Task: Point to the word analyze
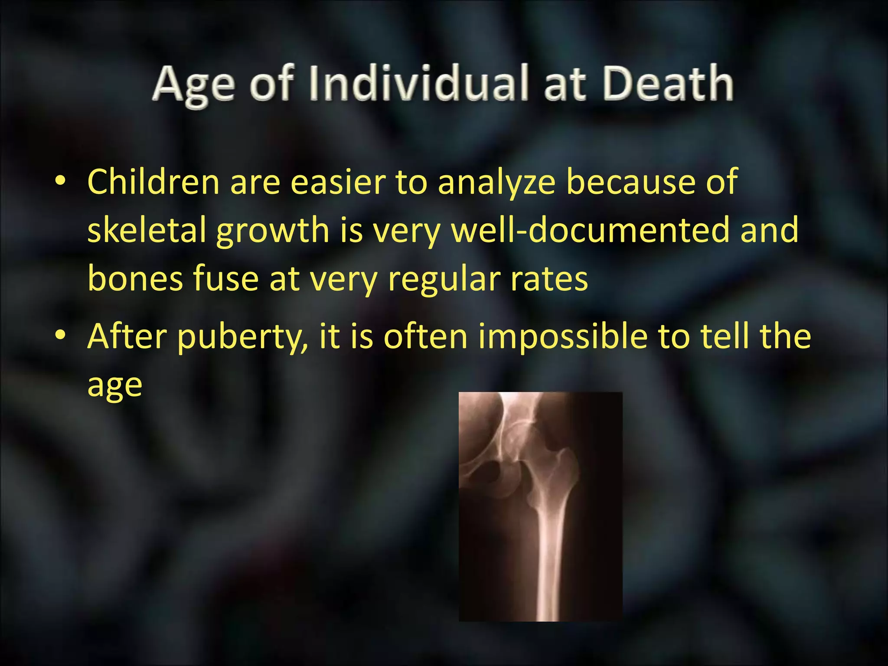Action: [496, 183]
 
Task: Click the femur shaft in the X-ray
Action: [548, 564]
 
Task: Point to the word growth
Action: [273, 231]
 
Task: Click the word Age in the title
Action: [194, 85]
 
